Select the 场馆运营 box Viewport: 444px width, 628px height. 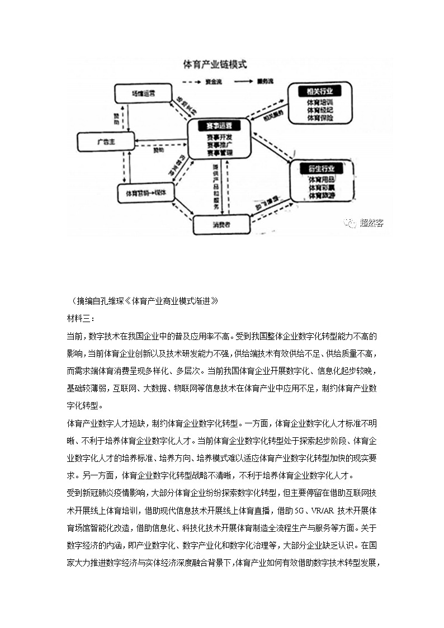coord(143,93)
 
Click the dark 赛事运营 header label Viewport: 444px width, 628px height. coord(219,125)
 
